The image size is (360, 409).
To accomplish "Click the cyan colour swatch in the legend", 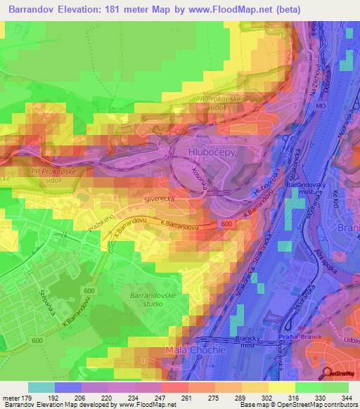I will (x=41, y=387).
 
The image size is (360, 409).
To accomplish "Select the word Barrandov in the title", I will (x=34, y=9).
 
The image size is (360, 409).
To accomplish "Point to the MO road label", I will (x=320, y=105).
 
